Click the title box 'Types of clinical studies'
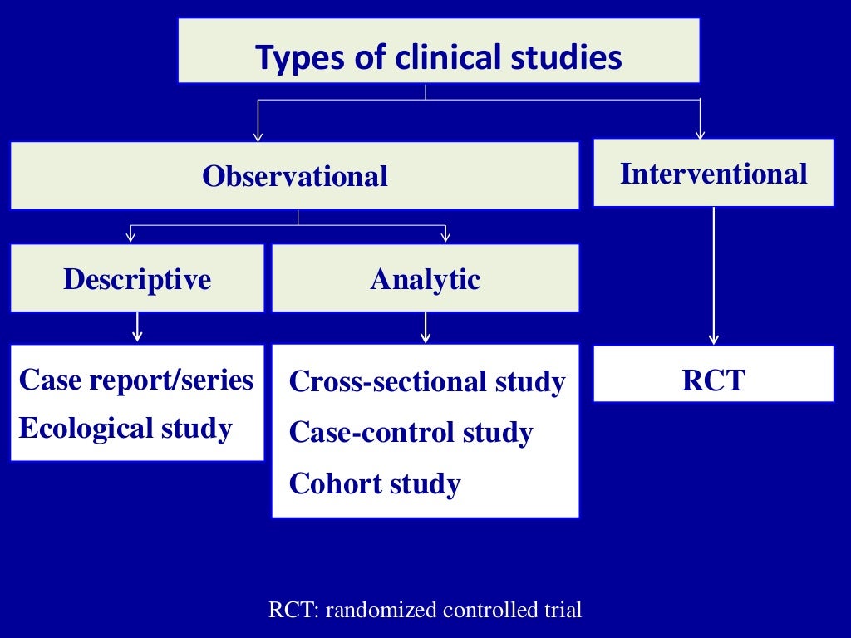438,51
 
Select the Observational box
294,175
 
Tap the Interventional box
713,173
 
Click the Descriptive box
137,278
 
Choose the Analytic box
425,278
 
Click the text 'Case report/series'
135,380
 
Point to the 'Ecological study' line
125,429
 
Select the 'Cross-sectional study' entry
426,382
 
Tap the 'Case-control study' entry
411,433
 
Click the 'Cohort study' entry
374,483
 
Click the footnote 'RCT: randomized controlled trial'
425,610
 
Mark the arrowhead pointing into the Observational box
258,135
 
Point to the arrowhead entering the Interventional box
700,133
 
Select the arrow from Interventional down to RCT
713,274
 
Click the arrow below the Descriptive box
137,326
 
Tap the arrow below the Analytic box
425,327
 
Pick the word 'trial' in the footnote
563,610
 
